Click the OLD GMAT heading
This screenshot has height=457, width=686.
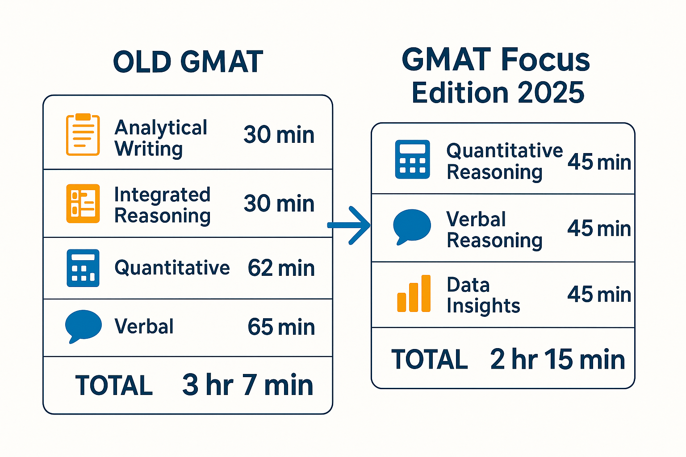188,62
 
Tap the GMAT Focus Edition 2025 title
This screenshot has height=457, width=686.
497,76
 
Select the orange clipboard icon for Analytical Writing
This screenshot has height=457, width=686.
83,135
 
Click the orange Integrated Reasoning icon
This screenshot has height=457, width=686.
83,204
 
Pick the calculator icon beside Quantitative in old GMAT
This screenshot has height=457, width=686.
83,268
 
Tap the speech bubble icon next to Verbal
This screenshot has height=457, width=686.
83,326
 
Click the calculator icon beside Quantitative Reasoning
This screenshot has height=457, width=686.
412,159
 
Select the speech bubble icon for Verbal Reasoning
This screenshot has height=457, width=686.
412,227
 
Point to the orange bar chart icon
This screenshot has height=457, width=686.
414,294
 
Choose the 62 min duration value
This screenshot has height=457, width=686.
281,268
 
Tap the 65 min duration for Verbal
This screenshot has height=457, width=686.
281,327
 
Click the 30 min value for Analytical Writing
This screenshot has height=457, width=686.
279,135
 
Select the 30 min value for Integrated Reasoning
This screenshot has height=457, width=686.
279,204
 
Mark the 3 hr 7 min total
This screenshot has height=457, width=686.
247,385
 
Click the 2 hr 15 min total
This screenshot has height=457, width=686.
557,359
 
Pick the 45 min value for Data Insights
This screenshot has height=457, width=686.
599,295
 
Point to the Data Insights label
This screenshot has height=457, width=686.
483,295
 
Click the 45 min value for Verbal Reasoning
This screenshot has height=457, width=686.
599,228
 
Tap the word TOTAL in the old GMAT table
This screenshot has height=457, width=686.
114,386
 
